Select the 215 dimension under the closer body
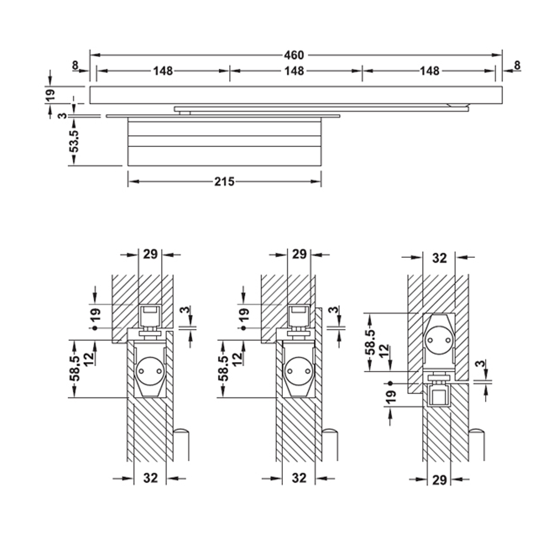tap(224, 181)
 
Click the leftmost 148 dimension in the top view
tap(163, 70)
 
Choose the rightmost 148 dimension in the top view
tap(429, 70)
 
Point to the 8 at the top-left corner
tap(75, 65)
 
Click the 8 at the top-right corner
tap(517, 65)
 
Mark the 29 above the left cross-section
tap(149, 254)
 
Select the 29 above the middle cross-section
tap(299, 254)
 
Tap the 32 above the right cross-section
tap(439, 258)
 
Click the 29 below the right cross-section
tap(439, 480)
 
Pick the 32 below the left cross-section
tap(150, 478)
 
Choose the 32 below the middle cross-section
tap(300, 478)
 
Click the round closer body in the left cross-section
tap(149, 370)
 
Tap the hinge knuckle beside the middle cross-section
tap(330, 444)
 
